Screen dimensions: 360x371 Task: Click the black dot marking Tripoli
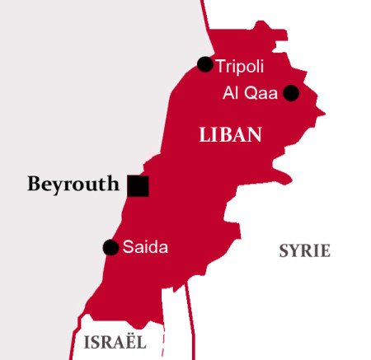point(205,64)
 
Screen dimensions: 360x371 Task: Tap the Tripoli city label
point(240,65)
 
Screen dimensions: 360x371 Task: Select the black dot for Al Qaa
point(290,93)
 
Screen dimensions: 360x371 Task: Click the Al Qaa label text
point(251,93)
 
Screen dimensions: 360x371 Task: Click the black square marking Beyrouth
point(138,185)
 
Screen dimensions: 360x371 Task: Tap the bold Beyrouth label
point(73,185)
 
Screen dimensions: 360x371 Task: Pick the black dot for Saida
point(110,247)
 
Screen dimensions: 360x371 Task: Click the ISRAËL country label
point(115,341)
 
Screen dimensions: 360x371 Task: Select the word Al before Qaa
point(230,93)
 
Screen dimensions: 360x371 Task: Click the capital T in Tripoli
point(220,65)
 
